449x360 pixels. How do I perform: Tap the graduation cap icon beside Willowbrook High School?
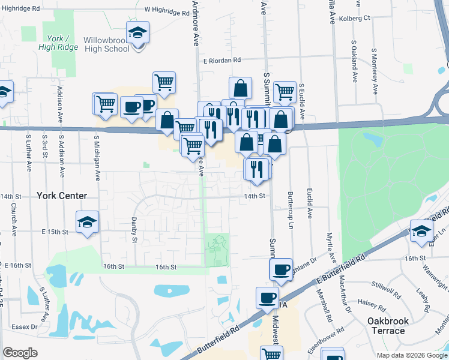137,32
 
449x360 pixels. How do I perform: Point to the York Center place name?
62,196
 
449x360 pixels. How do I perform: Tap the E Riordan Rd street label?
221,60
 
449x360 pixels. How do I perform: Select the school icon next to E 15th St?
88,222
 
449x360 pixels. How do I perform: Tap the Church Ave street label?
13,213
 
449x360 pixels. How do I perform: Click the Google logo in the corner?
20,353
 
